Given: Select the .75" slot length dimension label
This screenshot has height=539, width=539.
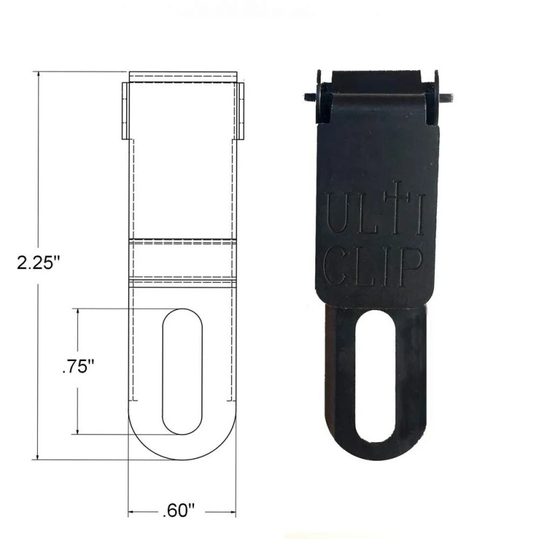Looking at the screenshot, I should click(77, 369).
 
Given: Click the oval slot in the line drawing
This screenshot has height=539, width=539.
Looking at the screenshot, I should click(183, 371).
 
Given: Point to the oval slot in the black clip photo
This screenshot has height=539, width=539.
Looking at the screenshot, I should click(373, 377).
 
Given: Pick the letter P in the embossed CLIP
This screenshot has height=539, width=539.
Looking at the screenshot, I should click(411, 267).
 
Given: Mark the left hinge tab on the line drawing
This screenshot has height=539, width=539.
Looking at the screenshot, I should click(125, 111).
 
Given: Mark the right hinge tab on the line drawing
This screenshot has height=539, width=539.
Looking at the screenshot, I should click(240, 111).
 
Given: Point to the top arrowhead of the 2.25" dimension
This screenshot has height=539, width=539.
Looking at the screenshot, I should click(38, 75).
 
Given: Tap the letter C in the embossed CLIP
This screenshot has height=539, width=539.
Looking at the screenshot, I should click(334, 267).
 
